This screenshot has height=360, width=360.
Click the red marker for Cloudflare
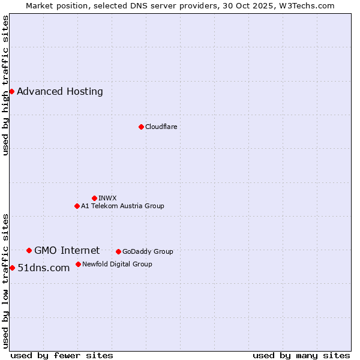(141, 127)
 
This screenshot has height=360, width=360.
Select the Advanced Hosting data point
(11, 91)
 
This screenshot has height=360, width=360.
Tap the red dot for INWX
(94, 198)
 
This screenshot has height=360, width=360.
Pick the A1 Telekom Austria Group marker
(77, 206)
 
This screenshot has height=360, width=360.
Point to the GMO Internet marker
(29, 250)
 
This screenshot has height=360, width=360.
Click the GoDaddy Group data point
(118, 251)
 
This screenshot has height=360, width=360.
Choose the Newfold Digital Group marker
(78, 264)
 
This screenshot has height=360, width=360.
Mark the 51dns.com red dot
(12, 268)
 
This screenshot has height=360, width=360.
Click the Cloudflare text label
(161, 127)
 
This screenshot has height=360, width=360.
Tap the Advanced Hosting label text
(60, 91)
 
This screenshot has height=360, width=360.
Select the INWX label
(107, 198)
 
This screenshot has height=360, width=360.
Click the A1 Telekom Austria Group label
(122, 206)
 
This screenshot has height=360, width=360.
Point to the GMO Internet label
(67, 250)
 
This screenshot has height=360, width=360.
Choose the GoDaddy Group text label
(148, 251)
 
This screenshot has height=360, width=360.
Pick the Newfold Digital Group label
(117, 264)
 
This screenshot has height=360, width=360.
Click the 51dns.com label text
(44, 268)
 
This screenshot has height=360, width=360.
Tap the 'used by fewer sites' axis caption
(62, 355)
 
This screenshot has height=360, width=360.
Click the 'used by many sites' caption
(301, 355)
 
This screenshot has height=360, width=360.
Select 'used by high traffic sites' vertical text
(6, 85)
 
